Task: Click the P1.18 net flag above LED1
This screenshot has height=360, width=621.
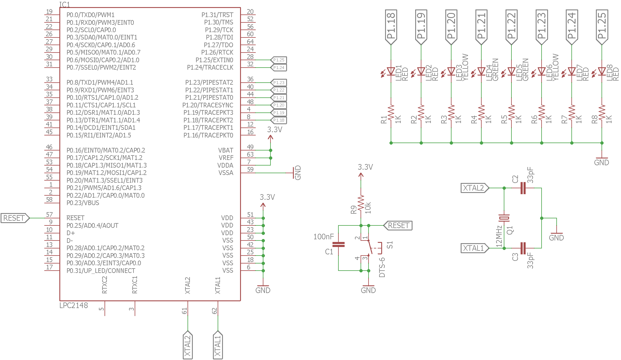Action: (x=391, y=27)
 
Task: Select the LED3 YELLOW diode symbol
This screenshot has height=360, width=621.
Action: (x=451, y=71)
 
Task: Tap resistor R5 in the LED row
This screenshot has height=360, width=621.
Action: (x=511, y=113)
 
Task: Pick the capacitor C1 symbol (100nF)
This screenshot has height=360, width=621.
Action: (x=338, y=244)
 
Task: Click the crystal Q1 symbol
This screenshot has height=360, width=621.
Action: (x=504, y=218)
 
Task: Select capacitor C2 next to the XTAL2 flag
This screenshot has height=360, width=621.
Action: (x=523, y=188)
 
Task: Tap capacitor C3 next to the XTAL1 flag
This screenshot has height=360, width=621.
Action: (x=523, y=248)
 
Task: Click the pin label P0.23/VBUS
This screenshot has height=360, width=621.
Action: (x=83, y=203)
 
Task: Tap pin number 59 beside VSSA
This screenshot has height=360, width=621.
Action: (x=250, y=169)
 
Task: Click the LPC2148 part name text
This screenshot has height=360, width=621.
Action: (x=74, y=305)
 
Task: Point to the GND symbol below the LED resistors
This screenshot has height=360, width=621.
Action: (x=602, y=161)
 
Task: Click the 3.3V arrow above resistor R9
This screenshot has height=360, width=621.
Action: (x=361, y=176)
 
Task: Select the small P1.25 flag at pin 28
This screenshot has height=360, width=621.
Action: (x=278, y=60)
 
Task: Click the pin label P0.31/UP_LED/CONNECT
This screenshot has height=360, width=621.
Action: (x=101, y=271)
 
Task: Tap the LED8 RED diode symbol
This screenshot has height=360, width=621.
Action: (x=602, y=71)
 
